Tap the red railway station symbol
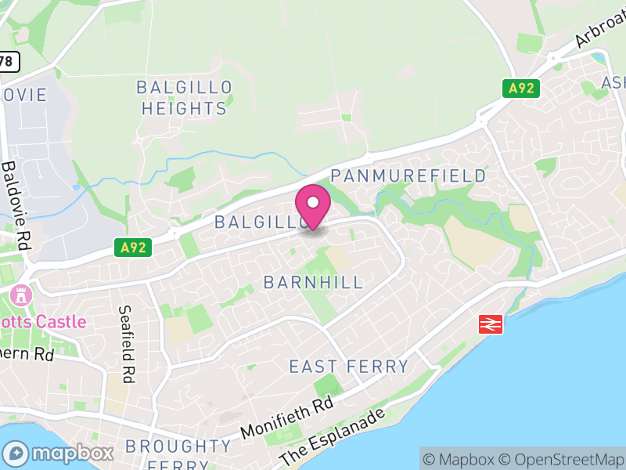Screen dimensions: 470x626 tap(491, 323)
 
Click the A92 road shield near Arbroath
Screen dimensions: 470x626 tap(521, 89)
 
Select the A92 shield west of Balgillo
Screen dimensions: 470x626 tap(134, 248)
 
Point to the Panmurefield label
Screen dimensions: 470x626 tap(408, 175)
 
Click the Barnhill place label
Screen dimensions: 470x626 tap(314, 282)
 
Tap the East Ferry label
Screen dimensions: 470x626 tap(349, 367)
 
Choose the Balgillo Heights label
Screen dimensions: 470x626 tap(185, 98)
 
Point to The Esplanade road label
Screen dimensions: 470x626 tap(333, 436)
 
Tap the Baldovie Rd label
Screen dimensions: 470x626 tap(16, 205)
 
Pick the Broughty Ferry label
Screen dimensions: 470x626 tap(178, 454)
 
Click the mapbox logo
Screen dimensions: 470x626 tap(59, 453)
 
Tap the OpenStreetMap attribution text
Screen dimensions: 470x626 tap(561, 460)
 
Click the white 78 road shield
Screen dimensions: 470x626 tap(8, 60)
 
